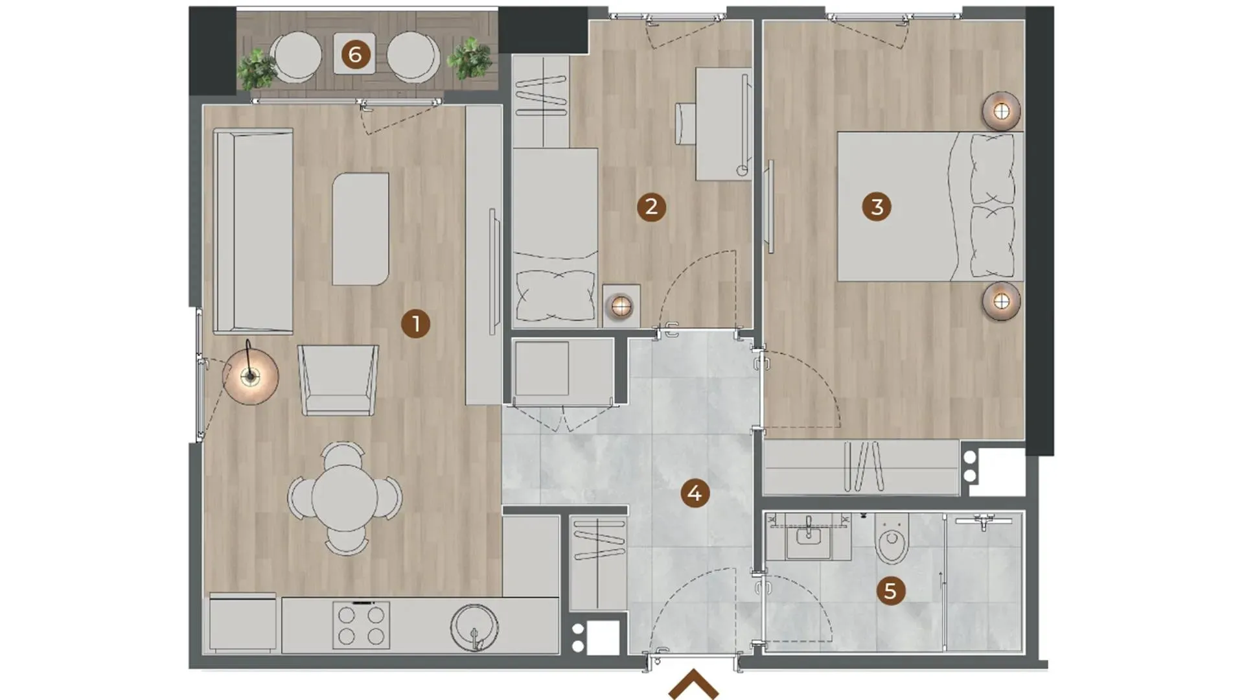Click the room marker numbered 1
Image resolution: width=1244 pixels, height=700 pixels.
coord(415,323)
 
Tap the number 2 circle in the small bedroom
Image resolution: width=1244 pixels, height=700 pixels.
coord(651,207)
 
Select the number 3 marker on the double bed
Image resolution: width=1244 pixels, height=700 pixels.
coord(877,207)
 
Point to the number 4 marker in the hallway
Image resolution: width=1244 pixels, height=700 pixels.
coord(695,494)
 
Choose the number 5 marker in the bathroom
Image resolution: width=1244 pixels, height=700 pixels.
coord(890,590)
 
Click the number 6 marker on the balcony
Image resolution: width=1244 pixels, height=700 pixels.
coord(355,54)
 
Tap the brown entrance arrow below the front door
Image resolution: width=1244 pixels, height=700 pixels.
coord(693,684)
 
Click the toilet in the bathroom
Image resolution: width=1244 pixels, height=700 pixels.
coord(892,538)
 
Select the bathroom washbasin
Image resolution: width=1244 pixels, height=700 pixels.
coord(809,539)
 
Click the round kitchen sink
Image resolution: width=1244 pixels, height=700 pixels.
coord(474,627)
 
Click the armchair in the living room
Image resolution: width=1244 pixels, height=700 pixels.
coord(338,380)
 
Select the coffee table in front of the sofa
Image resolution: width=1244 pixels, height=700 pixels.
coord(361,229)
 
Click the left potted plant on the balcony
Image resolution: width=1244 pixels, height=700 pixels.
coord(257,69)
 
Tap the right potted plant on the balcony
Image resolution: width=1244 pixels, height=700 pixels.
coord(469,58)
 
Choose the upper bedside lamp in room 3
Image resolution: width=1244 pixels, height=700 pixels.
coord(1001,111)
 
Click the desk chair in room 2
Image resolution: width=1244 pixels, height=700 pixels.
coord(685,123)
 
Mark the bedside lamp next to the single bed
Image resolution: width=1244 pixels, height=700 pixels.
coord(621,306)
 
